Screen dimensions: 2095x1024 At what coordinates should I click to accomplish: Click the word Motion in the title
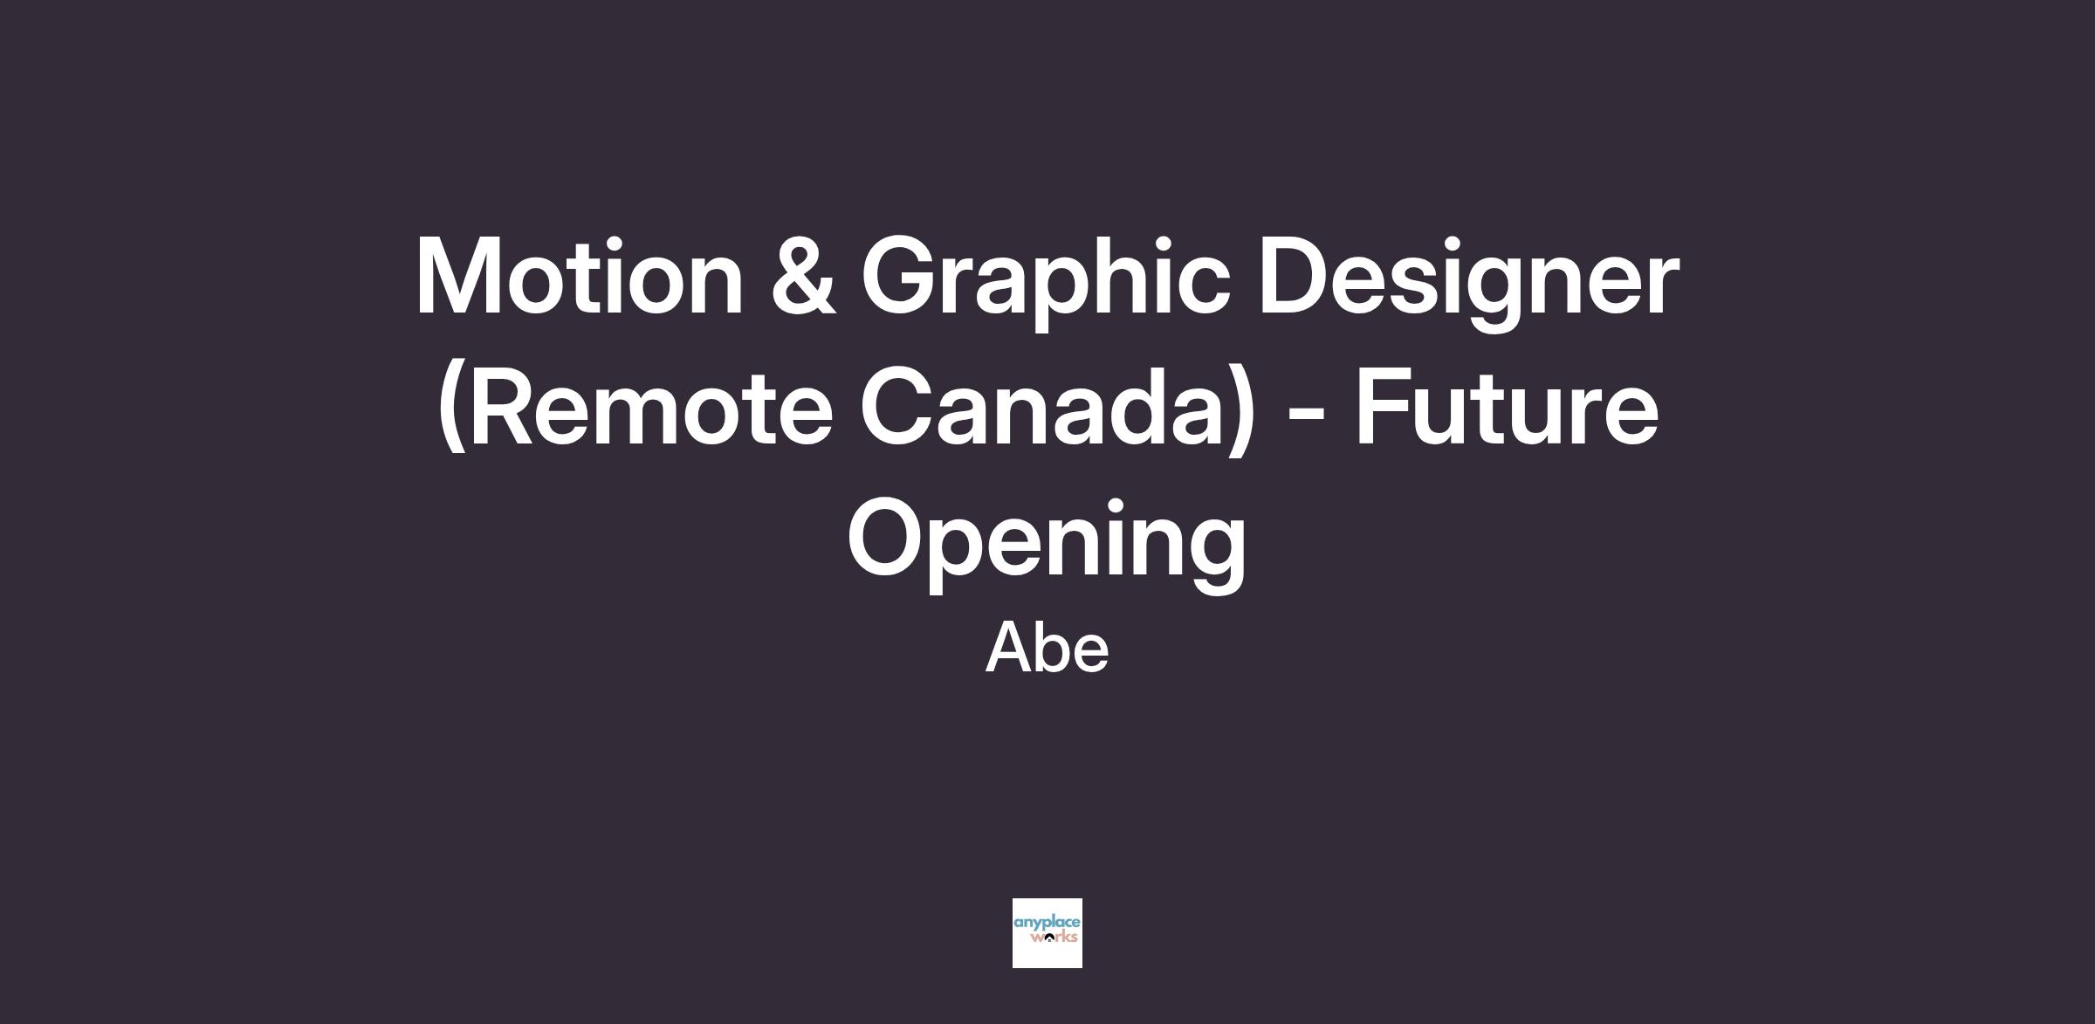coord(579,277)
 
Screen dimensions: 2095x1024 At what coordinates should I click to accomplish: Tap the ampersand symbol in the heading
coord(803,277)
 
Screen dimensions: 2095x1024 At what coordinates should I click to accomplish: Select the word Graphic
coord(1046,284)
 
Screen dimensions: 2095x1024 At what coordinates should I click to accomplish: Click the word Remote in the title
coord(645,408)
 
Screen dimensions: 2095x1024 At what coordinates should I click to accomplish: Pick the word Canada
coord(1046,408)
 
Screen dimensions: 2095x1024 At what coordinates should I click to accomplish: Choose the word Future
coord(1507,408)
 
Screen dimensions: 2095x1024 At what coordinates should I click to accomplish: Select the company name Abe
coord(1047,648)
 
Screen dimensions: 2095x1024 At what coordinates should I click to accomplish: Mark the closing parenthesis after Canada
coord(1244,408)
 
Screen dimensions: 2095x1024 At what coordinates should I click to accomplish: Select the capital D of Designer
coord(1295,277)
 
